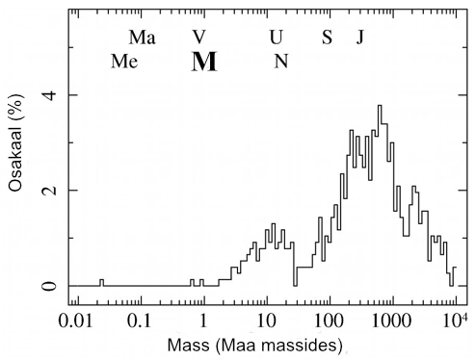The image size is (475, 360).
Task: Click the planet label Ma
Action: click(142, 38)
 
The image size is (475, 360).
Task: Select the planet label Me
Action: click(125, 62)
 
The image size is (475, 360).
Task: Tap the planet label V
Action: click(198, 38)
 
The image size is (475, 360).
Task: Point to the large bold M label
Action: click(204, 62)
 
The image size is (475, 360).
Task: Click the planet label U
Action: click(277, 38)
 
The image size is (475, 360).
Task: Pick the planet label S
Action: click(327, 38)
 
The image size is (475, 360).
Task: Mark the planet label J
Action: click(359, 38)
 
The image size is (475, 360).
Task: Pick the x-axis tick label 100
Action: click(329, 319)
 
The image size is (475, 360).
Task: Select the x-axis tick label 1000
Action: click(391, 319)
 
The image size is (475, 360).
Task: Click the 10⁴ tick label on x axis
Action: click(454, 317)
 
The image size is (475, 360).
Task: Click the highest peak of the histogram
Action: click(381, 106)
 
